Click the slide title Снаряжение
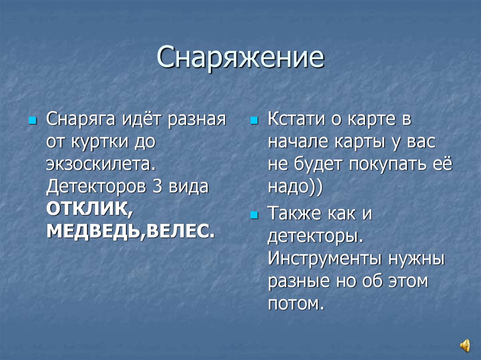pyautogui.click(x=240, y=57)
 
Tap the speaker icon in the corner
pyautogui.click(x=465, y=346)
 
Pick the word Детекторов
pyautogui.click(x=92, y=186)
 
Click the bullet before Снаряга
pyautogui.click(x=32, y=121)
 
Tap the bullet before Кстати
pyautogui.click(x=254, y=121)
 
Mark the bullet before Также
pyautogui.click(x=254, y=215)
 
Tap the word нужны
pyautogui.click(x=417, y=259)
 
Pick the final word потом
pyautogui.click(x=295, y=304)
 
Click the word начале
pyautogui.click(x=296, y=142)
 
